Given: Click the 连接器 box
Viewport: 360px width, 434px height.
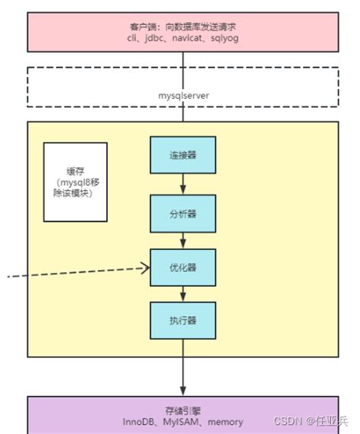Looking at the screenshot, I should pos(182,155).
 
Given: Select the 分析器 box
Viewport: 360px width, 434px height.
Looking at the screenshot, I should pos(182,214).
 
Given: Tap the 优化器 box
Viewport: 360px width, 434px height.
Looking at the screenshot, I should pos(182,268).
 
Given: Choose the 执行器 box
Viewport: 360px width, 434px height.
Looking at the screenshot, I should pos(182,321).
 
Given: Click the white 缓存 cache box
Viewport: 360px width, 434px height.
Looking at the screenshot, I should pos(75,182).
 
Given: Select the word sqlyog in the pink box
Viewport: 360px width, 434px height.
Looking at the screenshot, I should pos(224,37).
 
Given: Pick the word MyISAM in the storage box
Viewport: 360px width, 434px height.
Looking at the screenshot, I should pos(182,421).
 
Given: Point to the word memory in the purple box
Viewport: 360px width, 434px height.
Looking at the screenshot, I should pos(226,421).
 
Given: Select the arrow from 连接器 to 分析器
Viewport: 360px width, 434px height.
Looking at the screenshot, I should pos(182,184).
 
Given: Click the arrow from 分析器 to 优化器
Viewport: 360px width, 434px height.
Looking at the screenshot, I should pos(182,240).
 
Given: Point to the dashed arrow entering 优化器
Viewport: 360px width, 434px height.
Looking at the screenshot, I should pos(76,271).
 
